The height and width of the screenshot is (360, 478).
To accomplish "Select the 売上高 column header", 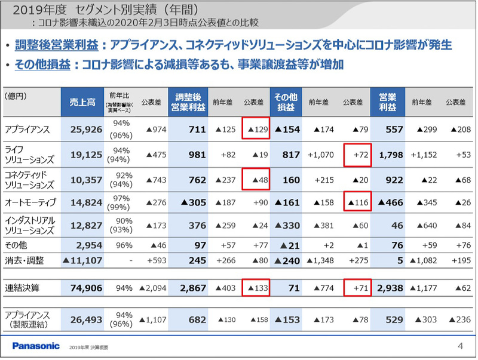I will click(x=81, y=102).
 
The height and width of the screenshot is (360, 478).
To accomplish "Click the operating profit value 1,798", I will click(x=391, y=155).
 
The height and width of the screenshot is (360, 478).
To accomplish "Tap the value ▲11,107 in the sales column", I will click(x=80, y=260).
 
